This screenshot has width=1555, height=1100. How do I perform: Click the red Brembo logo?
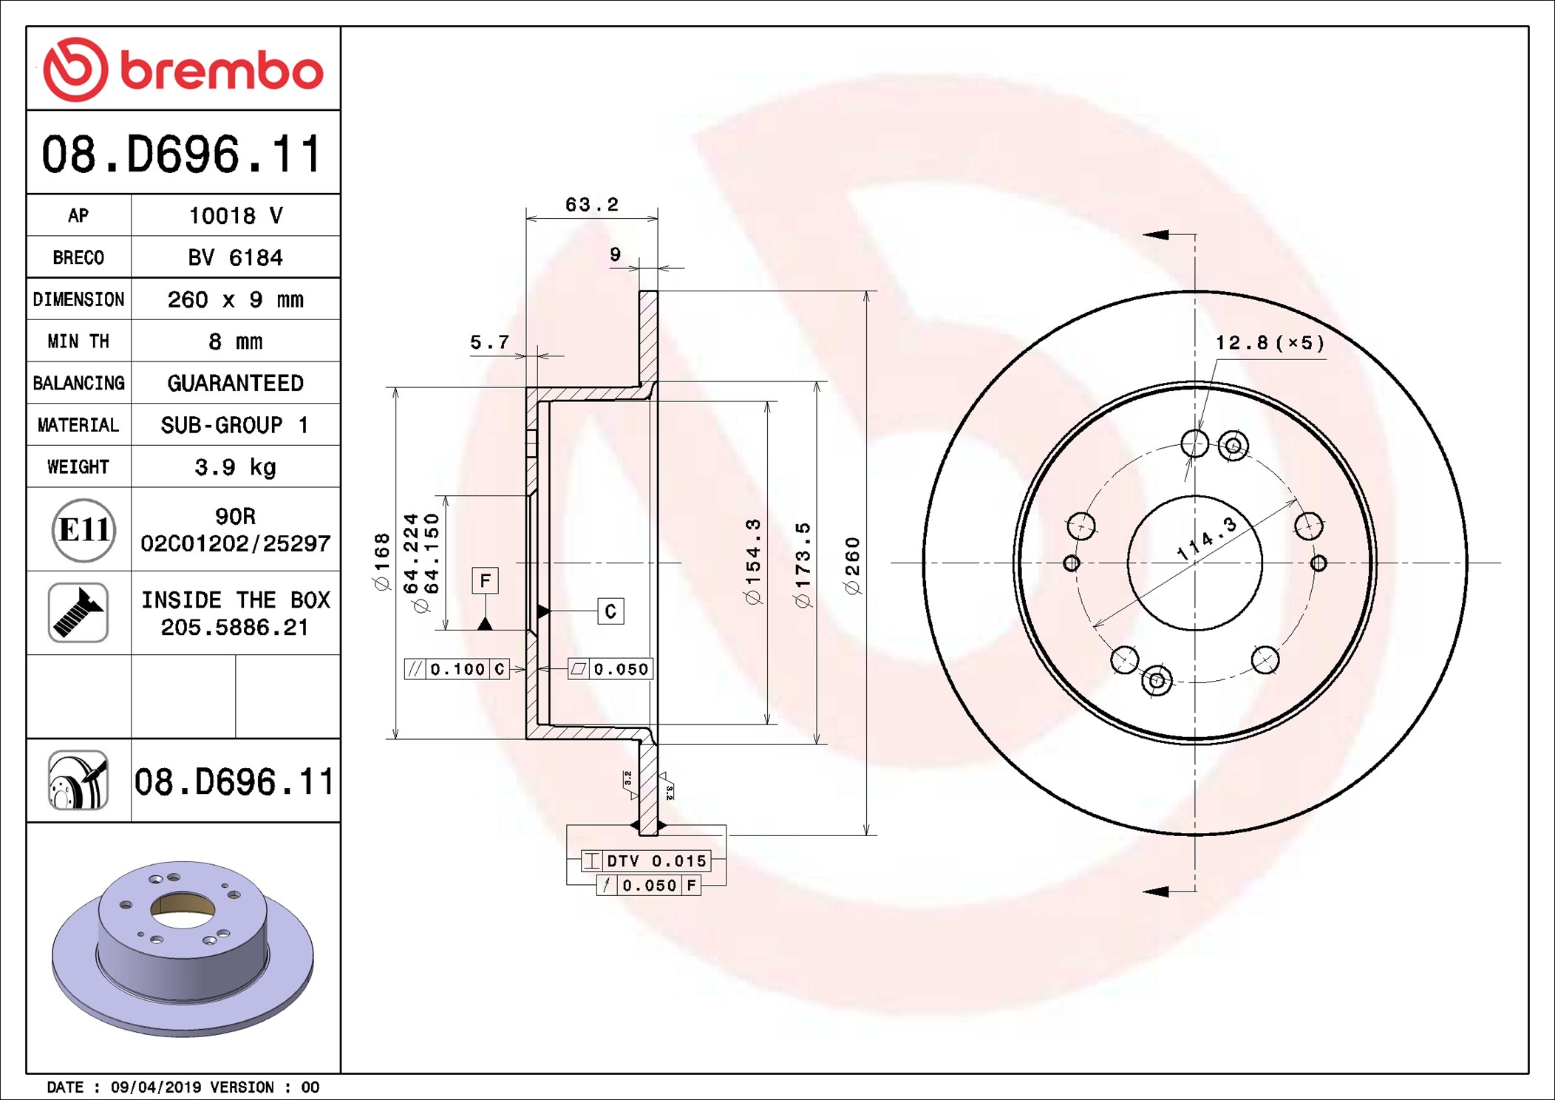click(183, 69)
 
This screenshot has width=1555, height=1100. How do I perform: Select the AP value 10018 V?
click(236, 216)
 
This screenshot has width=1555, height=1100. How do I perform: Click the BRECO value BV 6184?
click(236, 258)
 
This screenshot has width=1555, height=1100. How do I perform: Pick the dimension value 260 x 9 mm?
click(236, 299)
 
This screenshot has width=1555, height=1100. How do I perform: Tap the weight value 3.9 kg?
click(236, 467)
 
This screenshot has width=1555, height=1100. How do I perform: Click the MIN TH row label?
click(78, 342)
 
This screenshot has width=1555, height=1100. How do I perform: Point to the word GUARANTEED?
click(236, 383)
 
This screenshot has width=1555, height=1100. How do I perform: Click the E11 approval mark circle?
click(84, 530)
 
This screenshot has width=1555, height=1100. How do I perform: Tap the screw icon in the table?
click(78, 613)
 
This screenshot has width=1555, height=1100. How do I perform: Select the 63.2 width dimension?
click(591, 205)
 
